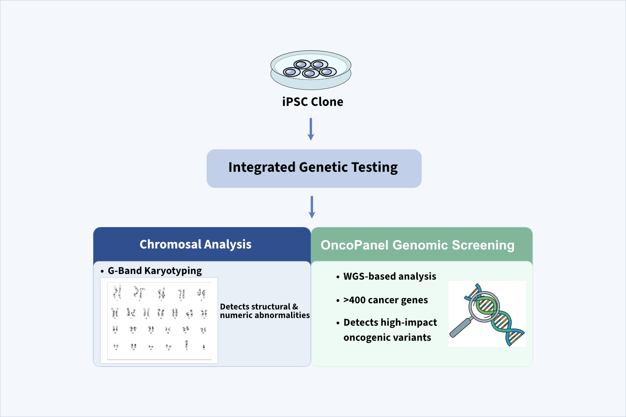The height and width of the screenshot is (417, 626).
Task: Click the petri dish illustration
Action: coord(311,70)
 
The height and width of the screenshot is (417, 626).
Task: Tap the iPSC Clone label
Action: coord(313,102)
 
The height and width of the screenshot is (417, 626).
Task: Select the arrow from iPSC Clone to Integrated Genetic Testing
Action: coord(311,129)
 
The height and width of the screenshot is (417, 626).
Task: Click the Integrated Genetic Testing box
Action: coord(314,168)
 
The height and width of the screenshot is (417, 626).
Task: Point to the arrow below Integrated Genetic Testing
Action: coord(312,207)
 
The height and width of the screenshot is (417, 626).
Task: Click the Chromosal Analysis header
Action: coord(196,244)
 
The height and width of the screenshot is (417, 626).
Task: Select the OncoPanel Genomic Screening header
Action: coord(417,245)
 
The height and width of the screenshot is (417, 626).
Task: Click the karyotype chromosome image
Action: coord(159,320)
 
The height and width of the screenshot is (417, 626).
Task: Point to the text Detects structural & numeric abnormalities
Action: coord(265,311)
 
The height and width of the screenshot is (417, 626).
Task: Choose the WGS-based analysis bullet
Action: coord(390,277)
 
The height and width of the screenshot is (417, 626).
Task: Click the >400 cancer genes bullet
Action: coord(386,300)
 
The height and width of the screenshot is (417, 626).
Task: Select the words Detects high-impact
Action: coord(390,323)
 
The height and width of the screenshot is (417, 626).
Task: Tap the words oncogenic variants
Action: coord(387,338)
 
